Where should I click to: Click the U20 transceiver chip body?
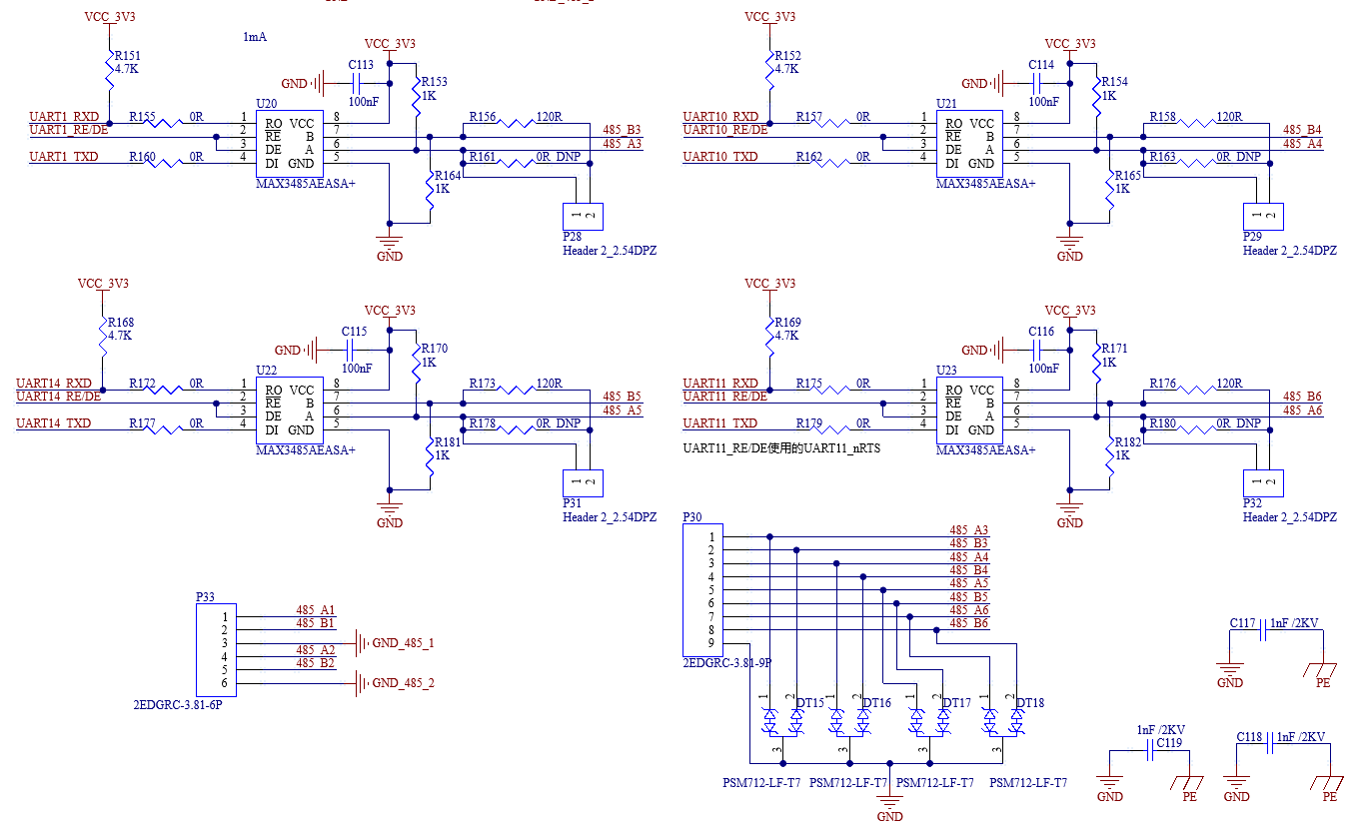pyautogui.click(x=290, y=144)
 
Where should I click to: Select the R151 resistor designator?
pyautogui.click(x=128, y=56)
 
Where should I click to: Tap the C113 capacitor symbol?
pyautogui.click(x=357, y=83)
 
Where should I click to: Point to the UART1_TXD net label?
pyautogui.click(x=64, y=157)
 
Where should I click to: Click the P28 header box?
pyautogui.click(x=583, y=217)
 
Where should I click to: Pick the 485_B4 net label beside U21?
pyautogui.click(x=1302, y=130)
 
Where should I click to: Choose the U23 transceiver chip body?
pyautogui.click(x=969, y=411)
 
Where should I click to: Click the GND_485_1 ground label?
pyautogui.click(x=403, y=642)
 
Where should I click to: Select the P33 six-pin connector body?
pyautogui.click(x=216, y=650)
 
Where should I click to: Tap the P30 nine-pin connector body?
pyautogui.click(x=702, y=589)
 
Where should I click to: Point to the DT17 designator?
pyautogui.click(x=956, y=703)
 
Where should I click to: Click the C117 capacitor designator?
pyautogui.click(x=1242, y=623)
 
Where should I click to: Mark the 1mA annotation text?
pyautogui.click(x=255, y=37)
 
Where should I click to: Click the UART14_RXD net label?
pyautogui.click(x=53, y=384)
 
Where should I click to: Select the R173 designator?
pyautogui.click(x=483, y=384)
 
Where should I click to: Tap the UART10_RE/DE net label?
pyautogui.click(x=725, y=130)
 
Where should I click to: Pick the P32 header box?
pyautogui.click(x=1263, y=483)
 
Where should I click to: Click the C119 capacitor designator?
pyautogui.click(x=1169, y=743)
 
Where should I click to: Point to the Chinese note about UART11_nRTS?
pyautogui.click(x=781, y=448)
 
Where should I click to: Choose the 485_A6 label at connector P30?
pyautogui.click(x=969, y=610)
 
